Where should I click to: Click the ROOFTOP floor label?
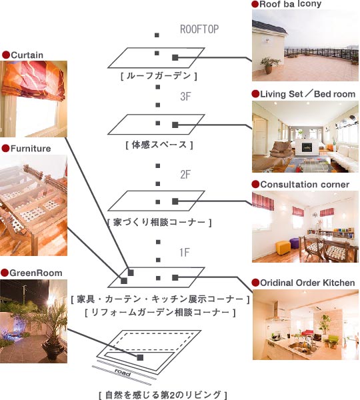[199, 29]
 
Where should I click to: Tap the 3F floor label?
[185, 97]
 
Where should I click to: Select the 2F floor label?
[185, 175]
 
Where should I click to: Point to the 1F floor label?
[185, 253]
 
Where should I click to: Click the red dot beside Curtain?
[5, 55]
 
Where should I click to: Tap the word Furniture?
[31, 149]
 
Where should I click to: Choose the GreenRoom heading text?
[36, 273]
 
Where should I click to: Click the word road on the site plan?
[123, 372]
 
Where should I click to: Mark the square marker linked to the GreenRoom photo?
[140, 357]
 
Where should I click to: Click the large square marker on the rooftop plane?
[175, 57]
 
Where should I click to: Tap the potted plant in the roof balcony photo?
[269, 65]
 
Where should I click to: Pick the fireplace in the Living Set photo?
[307, 147]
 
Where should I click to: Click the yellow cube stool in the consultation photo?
[283, 247]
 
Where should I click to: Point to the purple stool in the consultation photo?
[295, 243]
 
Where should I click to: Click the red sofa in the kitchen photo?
[307, 333]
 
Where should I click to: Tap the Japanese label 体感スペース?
[159, 145]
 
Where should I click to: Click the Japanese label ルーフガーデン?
[159, 76]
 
